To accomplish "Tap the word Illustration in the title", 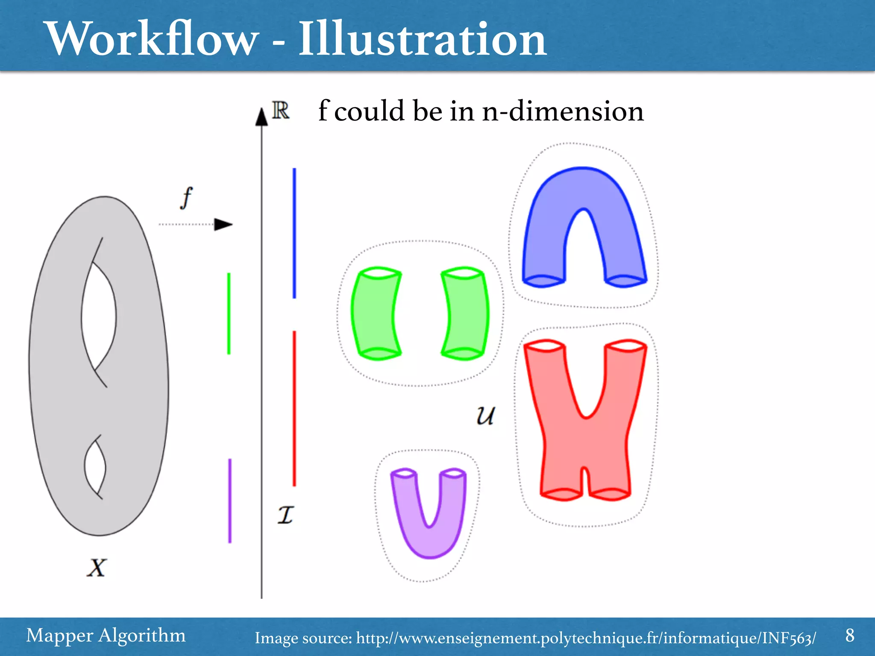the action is (422, 39).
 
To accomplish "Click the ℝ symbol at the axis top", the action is (281, 111).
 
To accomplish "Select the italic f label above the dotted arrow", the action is (186, 198).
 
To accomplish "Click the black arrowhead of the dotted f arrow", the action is (223, 224).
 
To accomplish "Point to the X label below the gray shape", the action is (97, 568).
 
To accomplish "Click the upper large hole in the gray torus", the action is (99, 316).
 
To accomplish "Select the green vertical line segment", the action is (229, 313).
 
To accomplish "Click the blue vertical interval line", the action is (294, 233).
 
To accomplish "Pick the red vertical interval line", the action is (294, 408).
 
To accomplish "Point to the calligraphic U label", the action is (485, 415).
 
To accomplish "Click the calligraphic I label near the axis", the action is (285, 515).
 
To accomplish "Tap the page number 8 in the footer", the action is (850, 635).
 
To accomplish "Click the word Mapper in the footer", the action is (59, 636).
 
